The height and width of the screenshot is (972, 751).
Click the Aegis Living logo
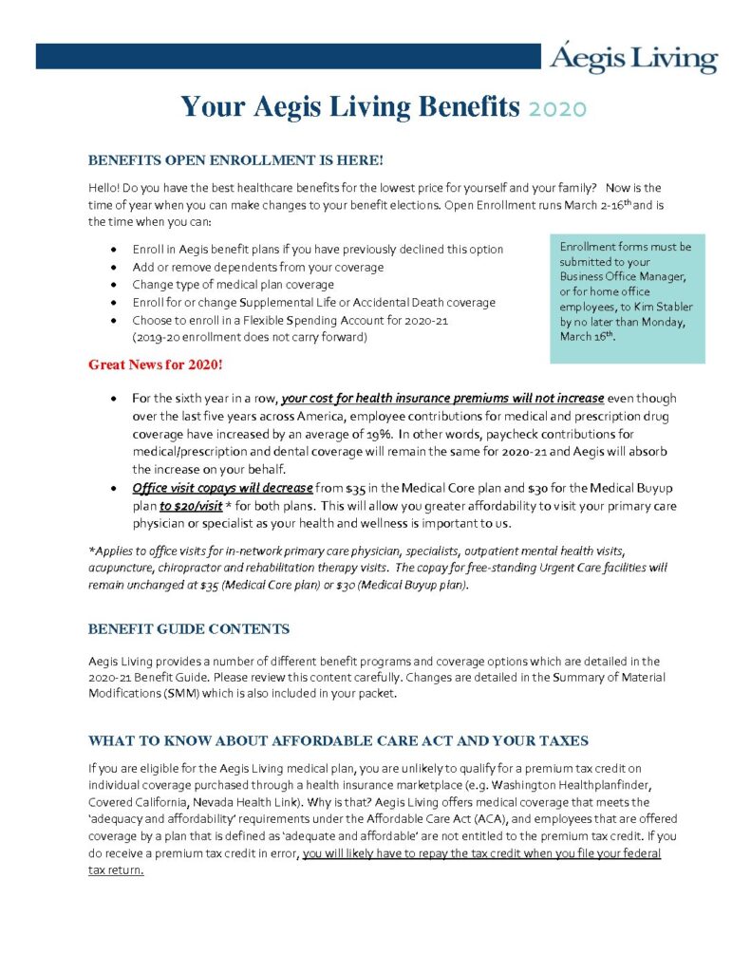coord(633,59)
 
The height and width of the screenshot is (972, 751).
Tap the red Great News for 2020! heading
coord(155,364)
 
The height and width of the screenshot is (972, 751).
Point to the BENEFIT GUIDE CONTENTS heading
coord(188,628)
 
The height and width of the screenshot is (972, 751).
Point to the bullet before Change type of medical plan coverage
coord(114,285)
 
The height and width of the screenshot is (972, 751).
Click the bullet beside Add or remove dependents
coord(114,267)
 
